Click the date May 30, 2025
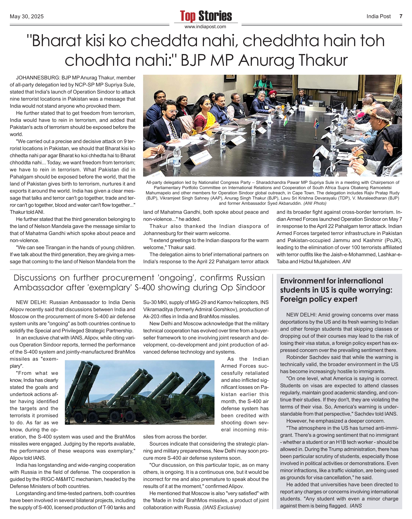pyautogui.click(x=27, y=16)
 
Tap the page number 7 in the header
pyautogui.click(x=400, y=16)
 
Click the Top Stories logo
pyautogui.click(x=206, y=16)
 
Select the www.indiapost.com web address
pyautogui.click(x=205, y=27)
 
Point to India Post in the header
pyautogui.click(x=378, y=16)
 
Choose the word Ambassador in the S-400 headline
pyautogui.click(x=39, y=288)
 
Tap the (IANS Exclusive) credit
pyautogui.click(x=221, y=508)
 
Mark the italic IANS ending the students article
pyautogui.click(x=355, y=506)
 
